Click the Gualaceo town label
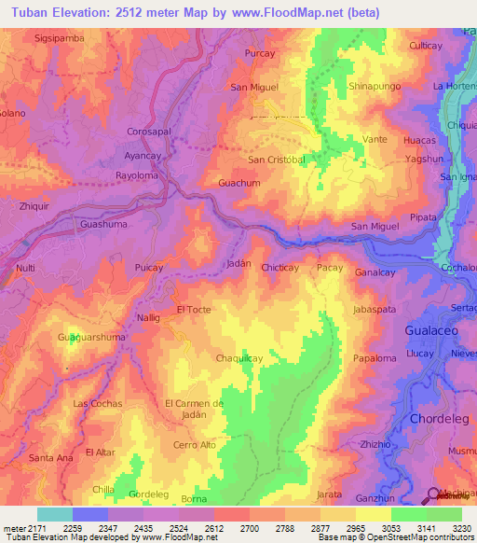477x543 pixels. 434,330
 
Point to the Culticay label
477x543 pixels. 425,45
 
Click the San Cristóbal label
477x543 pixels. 276,160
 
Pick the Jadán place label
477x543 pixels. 239,264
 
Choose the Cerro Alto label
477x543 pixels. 195,446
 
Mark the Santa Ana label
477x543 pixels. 50,457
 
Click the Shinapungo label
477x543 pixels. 374,86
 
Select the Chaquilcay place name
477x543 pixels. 239,358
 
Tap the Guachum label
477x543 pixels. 238,184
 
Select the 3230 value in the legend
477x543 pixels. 461,528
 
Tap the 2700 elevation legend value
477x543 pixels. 248,528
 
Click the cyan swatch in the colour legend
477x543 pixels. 54,514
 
